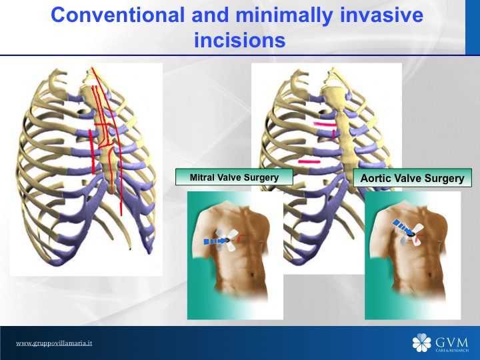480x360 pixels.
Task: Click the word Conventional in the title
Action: (117, 15)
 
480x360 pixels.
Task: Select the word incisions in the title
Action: (240, 40)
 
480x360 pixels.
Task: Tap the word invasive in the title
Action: (382, 15)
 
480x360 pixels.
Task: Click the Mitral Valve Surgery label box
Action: (234, 177)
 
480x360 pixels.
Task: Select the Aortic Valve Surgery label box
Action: (413, 178)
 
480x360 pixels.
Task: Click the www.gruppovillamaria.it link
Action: (54, 343)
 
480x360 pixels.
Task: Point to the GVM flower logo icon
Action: (421, 343)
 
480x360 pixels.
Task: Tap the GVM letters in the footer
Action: (451, 342)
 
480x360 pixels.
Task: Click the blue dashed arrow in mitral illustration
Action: (215, 241)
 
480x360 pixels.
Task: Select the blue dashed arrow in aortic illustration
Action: (402, 227)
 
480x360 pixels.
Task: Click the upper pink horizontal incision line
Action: (325, 124)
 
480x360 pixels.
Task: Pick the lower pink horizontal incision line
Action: (309, 161)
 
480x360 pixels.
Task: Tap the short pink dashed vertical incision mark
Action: (334, 133)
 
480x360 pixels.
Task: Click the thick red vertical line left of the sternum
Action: (92, 152)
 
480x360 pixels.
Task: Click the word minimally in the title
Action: (284, 15)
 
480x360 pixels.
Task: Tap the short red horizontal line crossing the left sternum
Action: (102, 125)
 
